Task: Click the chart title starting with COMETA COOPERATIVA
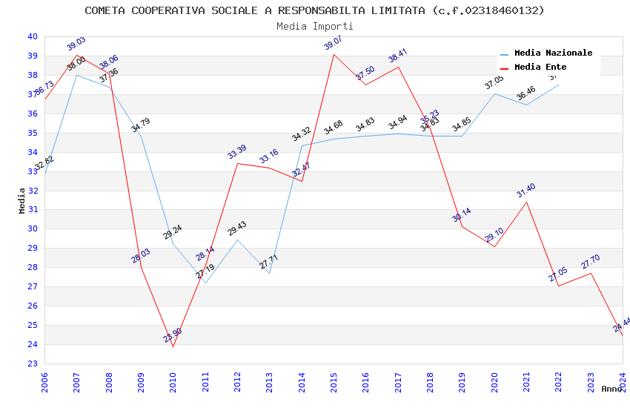[x=314, y=10]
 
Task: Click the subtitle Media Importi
[x=314, y=26]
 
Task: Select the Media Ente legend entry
[x=540, y=68]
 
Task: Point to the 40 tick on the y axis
[x=32, y=36]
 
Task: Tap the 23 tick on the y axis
[x=32, y=363]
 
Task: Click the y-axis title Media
[x=22, y=200]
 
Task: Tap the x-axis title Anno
[x=611, y=389]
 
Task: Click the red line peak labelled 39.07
[x=334, y=54]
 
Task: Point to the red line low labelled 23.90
[x=173, y=346]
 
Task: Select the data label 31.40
[x=525, y=191]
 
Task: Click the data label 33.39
[x=237, y=152]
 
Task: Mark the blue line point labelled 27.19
[x=205, y=283]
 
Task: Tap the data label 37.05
[x=494, y=82]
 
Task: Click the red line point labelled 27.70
[x=591, y=273]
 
